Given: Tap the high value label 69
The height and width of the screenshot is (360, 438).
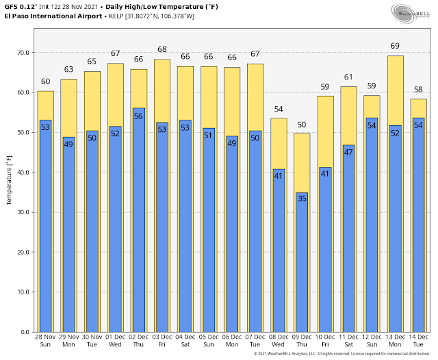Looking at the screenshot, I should click(x=395, y=46).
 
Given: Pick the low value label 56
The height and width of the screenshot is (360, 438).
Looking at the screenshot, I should click(x=138, y=116).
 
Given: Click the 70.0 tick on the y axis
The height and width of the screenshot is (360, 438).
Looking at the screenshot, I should click(x=24, y=53).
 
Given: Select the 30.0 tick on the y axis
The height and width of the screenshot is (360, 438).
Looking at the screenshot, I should click(x=24, y=212).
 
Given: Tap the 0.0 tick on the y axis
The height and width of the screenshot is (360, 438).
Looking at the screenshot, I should click(x=26, y=332).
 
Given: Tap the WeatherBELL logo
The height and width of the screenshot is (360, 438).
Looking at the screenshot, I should click(x=409, y=15).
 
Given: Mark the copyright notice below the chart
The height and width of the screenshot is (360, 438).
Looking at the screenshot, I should click(x=344, y=354).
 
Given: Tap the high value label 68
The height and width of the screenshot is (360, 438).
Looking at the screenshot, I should click(x=162, y=50).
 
